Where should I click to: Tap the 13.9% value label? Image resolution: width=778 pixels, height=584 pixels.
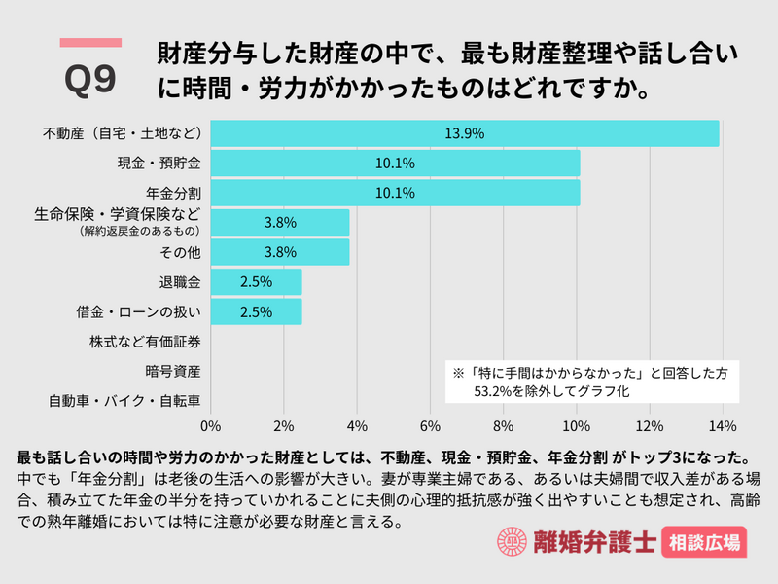click(464, 133)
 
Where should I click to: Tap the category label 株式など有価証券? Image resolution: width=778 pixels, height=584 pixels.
click(146, 342)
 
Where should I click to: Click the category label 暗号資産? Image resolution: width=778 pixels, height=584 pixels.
click(173, 371)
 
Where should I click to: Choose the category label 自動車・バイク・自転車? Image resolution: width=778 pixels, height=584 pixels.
click(125, 400)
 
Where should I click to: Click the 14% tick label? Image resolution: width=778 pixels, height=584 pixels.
click(723, 425)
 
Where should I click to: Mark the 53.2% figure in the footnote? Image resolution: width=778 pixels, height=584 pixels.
click(496, 391)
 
